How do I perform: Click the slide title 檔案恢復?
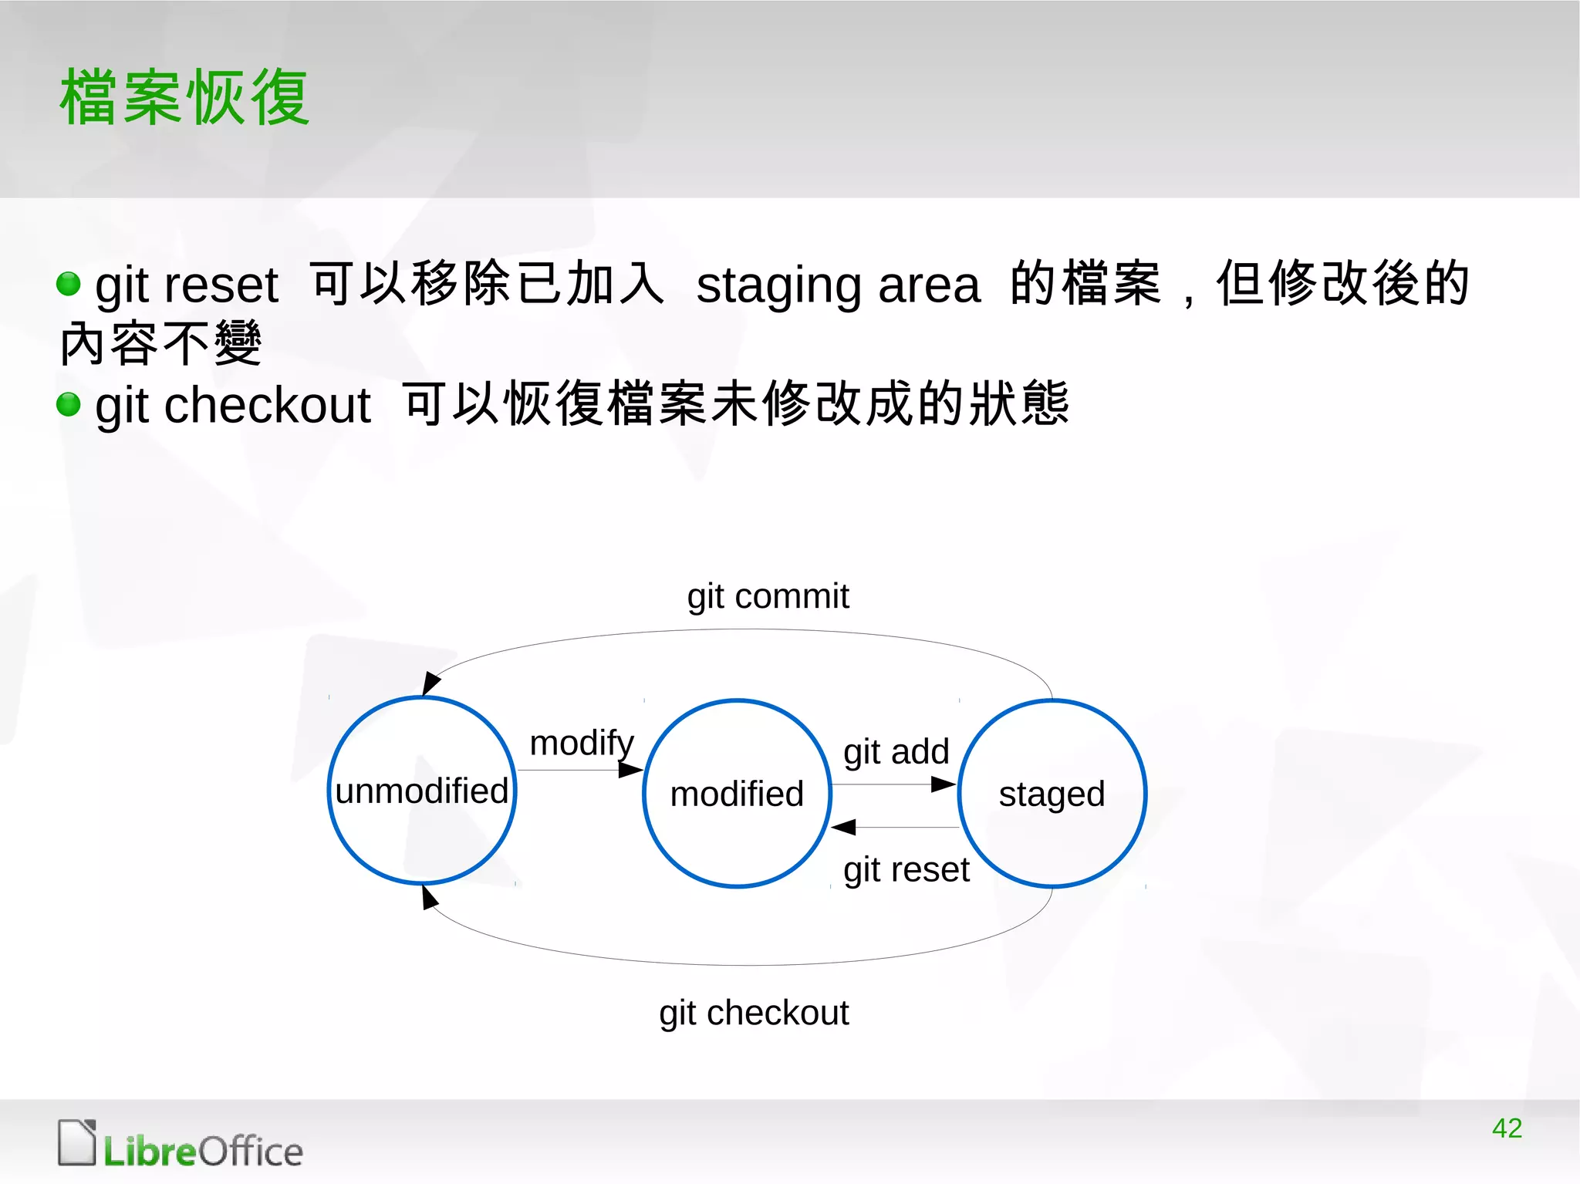(x=185, y=97)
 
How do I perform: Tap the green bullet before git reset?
(x=69, y=284)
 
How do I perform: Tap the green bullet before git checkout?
(x=69, y=404)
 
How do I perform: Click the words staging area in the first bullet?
(x=838, y=285)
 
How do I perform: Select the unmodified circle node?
(x=422, y=791)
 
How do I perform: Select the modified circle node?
(x=737, y=794)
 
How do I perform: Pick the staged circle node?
(x=1052, y=794)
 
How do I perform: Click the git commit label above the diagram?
(x=768, y=596)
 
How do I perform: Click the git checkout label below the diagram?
(x=754, y=1013)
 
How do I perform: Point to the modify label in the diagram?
(x=582, y=744)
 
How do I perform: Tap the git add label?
(x=896, y=751)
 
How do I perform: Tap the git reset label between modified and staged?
(x=906, y=870)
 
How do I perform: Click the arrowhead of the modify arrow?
(x=630, y=770)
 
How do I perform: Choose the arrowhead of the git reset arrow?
(x=844, y=827)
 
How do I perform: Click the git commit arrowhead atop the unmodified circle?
(x=430, y=683)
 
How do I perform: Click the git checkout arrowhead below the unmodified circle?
(x=429, y=898)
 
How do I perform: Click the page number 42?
(x=1507, y=1128)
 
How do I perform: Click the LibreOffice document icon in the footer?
(x=76, y=1142)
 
